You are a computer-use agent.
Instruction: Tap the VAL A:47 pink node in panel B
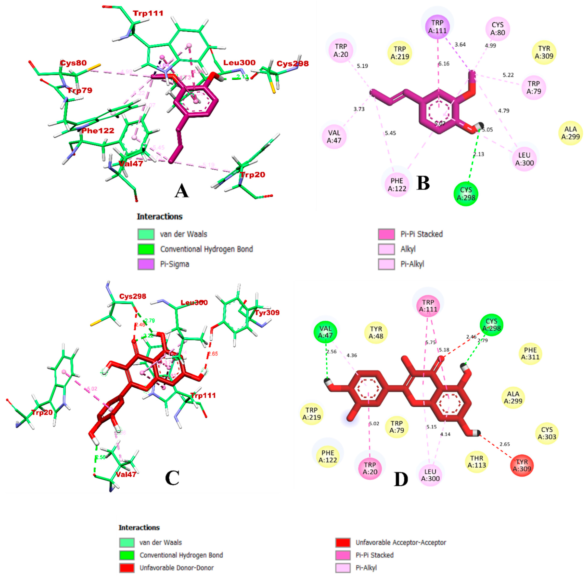pyautogui.click(x=334, y=137)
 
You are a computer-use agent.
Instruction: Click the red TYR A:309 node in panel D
pyautogui.click(x=522, y=465)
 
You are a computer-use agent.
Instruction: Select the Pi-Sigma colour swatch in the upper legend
pyautogui.click(x=146, y=264)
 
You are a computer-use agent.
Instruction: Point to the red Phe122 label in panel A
pyautogui.click(x=98, y=131)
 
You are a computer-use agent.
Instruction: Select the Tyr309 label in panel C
pyautogui.click(x=267, y=312)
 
